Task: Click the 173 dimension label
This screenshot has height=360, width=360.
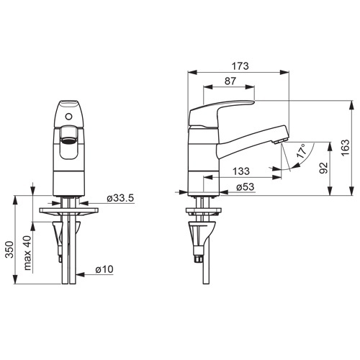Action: (240, 66)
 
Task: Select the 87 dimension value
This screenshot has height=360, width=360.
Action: (230, 81)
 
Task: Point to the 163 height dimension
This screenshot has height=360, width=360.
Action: (346, 148)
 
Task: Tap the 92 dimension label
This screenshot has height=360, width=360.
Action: (323, 168)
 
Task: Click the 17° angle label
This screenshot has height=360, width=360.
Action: (302, 150)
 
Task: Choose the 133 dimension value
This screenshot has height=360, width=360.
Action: (241, 171)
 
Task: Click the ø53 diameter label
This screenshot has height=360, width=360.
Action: (245, 187)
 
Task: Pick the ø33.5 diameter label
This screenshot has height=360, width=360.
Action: (120, 198)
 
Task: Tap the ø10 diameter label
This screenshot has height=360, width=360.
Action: (104, 269)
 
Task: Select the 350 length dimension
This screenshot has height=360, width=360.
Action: (9, 250)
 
